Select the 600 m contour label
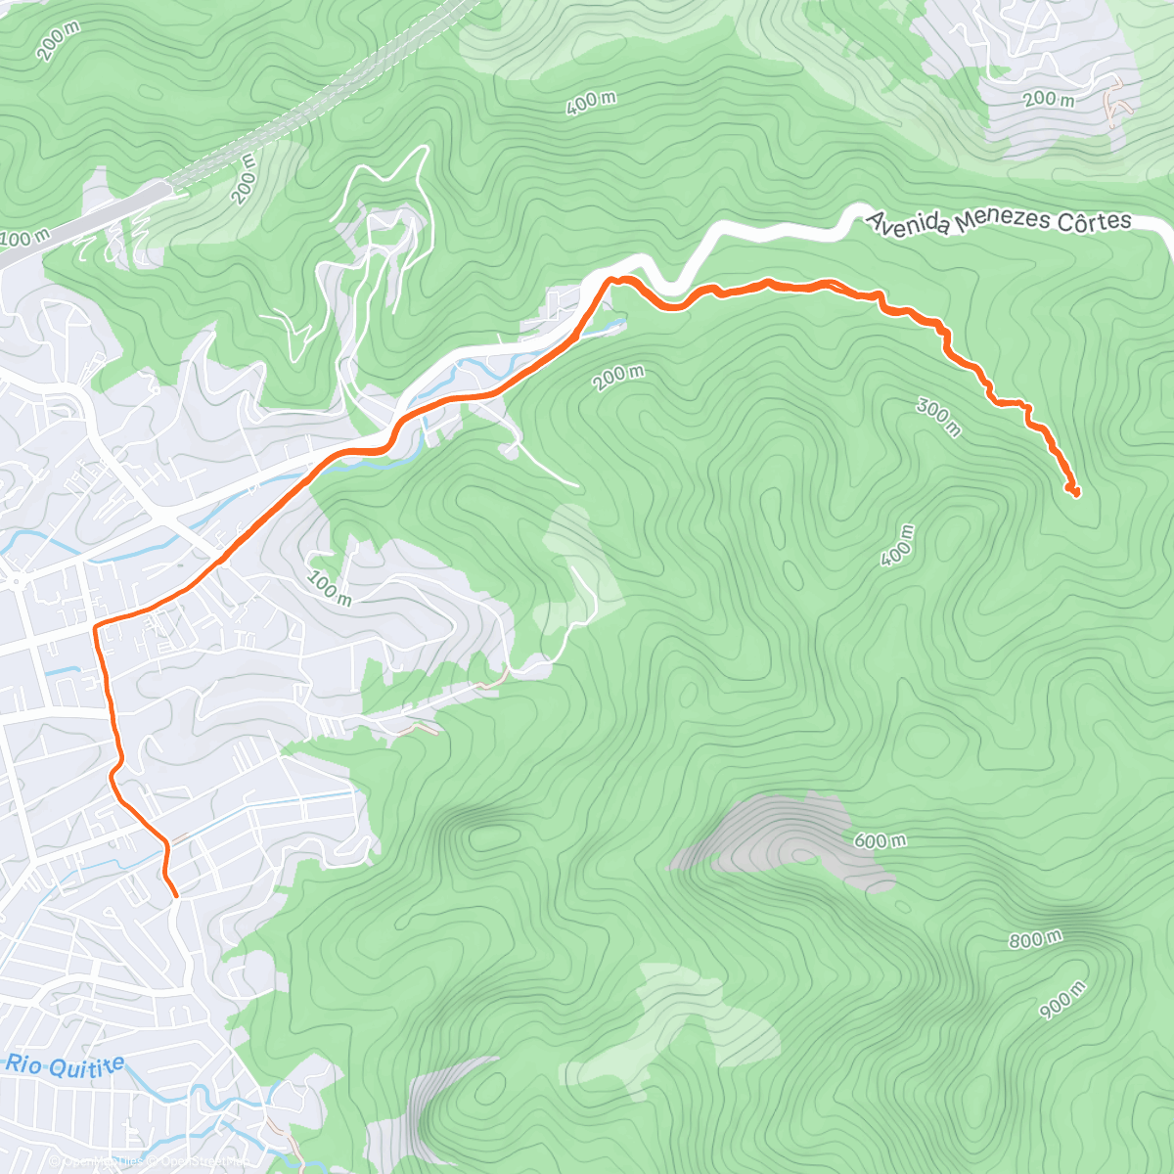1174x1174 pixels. coord(880,840)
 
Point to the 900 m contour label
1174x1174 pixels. coord(1062,1000)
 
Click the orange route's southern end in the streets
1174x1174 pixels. coord(175,894)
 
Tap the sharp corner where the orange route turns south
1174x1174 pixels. coord(96,624)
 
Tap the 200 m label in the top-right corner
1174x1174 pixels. coord(1048,99)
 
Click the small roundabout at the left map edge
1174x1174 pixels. coord(17,582)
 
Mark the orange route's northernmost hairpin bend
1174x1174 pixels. coord(610,280)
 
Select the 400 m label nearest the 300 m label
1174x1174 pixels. coord(897,545)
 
